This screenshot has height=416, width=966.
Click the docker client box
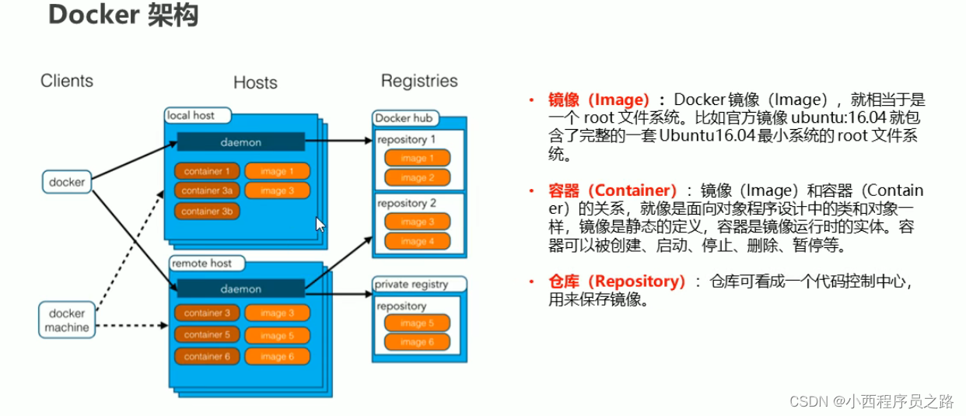tap(67, 182)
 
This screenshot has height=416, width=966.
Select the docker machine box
tap(66, 320)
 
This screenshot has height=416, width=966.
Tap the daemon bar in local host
tap(240, 142)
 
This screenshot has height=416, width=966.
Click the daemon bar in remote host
tap(240, 288)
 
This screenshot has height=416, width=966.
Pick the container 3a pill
tap(206, 191)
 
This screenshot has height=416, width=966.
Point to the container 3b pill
tap(206, 211)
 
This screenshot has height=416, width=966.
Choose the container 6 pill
tap(206, 356)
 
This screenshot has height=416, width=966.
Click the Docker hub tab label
tap(404, 118)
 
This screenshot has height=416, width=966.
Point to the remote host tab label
tap(201, 264)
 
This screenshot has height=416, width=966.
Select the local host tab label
tap(191, 115)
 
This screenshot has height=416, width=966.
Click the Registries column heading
tap(419, 81)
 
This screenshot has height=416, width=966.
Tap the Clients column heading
tap(67, 81)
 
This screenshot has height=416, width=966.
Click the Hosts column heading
tap(255, 82)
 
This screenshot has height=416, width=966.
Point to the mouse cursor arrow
tap(320, 224)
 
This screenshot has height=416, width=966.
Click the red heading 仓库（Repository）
tap(617, 281)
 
